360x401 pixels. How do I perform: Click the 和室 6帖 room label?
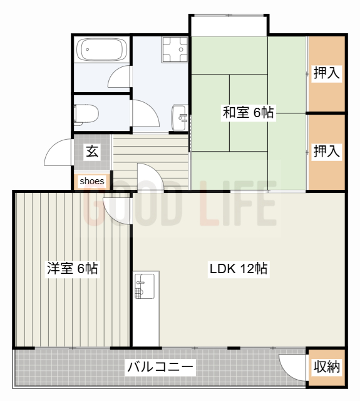click(249, 113)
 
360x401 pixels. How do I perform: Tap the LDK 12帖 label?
click(239, 269)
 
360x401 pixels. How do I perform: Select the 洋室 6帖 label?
click(72, 269)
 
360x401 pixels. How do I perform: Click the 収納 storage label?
click(327, 367)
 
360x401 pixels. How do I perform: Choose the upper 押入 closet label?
click(327, 73)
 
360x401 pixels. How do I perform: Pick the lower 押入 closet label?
click(327, 151)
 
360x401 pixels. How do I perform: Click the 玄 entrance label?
click(92, 151)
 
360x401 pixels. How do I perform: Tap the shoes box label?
click(92, 181)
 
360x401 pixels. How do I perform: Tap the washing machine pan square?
click(175, 49)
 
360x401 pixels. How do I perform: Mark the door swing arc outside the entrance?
click(58, 152)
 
